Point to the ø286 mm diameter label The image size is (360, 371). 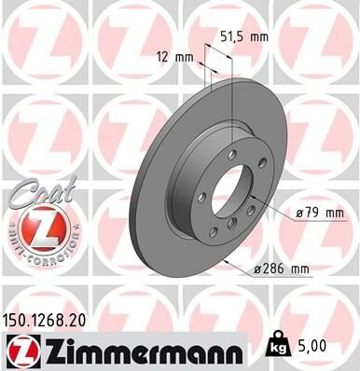[280, 269]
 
